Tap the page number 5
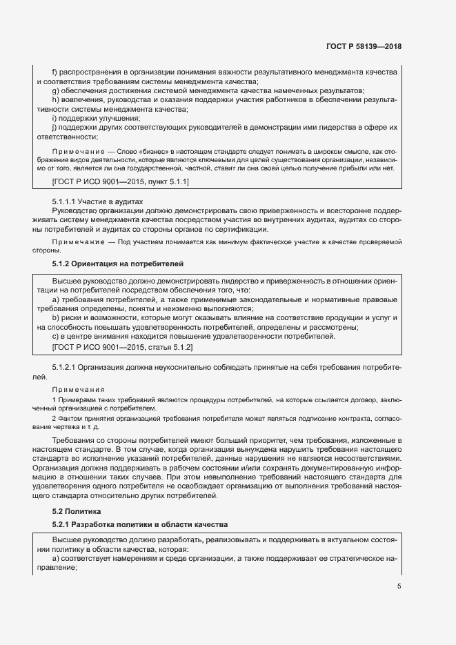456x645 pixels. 399,586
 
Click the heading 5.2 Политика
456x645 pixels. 77,511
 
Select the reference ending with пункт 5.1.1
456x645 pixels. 121,181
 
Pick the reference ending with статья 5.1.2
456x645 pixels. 122,347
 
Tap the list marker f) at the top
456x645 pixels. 55,72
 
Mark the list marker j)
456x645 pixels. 54,128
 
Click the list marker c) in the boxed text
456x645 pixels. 55,337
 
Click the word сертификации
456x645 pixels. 236,229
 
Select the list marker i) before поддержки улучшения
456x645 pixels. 54,118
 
